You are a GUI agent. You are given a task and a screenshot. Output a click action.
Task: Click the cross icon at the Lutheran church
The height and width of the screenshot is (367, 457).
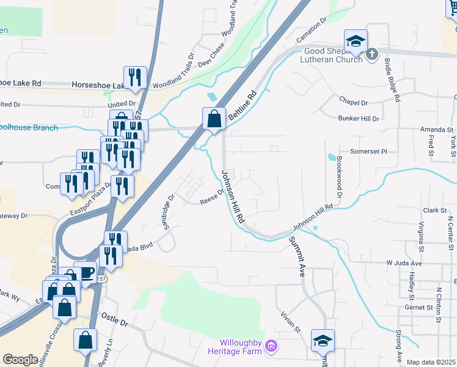[x=372, y=56]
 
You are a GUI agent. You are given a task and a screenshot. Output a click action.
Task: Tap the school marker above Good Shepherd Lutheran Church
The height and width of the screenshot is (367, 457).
[x=356, y=42]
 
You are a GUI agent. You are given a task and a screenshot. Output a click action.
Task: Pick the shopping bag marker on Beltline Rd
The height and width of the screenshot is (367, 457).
[x=214, y=119]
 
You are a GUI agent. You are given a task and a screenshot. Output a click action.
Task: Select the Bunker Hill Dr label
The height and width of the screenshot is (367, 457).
[x=358, y=117]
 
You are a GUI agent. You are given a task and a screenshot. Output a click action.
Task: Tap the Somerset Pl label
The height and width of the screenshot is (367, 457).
[x=368, y=151]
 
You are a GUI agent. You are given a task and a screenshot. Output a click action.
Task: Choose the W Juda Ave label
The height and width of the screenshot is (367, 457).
[x=404, y=263]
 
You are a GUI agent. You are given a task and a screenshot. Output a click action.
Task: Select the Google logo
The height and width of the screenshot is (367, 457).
[x=20, y=360]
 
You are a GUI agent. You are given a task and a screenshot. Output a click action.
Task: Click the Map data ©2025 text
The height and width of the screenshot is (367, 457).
[x=431, y=362]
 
